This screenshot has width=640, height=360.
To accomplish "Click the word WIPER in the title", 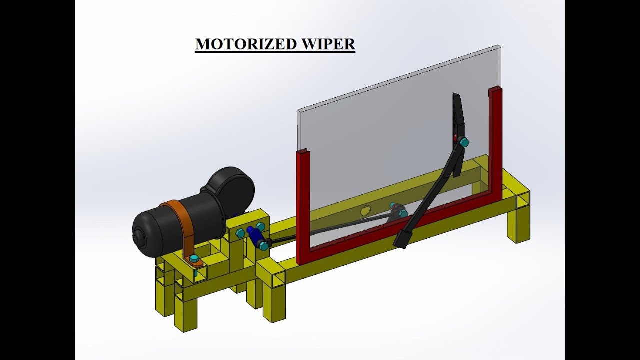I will click(328, 44).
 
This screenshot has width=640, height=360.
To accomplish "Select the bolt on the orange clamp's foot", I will click(194, 258).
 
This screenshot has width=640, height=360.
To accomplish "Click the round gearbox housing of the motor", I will click(231, 187).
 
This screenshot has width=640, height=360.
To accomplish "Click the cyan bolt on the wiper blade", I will click(463, 142).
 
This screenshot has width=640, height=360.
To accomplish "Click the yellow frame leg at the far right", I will click(519, 225).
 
